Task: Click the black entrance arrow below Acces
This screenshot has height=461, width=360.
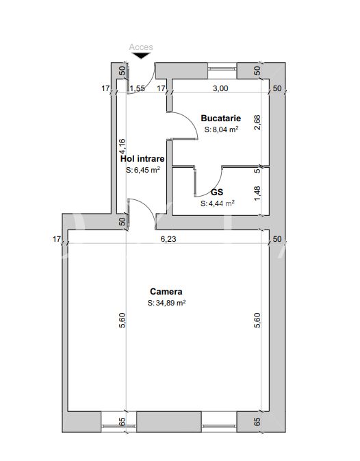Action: coord(141,55)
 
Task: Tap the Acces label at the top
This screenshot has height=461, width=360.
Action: coord(141,47)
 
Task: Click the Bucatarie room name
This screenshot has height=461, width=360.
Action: coord(221,119)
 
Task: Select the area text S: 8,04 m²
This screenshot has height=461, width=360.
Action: coord(221,129)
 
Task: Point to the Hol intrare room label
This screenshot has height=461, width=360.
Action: coord(142,159)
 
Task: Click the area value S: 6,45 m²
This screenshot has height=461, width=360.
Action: coord(143,170)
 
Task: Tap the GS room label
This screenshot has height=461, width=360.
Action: coord(217,192)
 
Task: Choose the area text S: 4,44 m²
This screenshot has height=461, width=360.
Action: coord(218,203)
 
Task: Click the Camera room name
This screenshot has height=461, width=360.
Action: coord(166,291)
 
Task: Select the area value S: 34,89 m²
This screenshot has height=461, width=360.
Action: coord(166,303)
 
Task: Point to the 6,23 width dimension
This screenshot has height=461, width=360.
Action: coord(168,239)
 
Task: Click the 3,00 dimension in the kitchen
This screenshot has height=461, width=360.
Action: coord(220,88)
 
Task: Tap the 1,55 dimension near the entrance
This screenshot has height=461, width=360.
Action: coord(138,88)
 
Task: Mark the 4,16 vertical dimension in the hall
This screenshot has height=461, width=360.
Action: coord(122,147)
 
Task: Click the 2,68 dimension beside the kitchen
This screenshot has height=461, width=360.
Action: coord(257,123)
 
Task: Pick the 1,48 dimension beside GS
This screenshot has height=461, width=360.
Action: coord(257,194)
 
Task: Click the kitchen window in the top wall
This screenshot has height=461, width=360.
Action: coord(222,68)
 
